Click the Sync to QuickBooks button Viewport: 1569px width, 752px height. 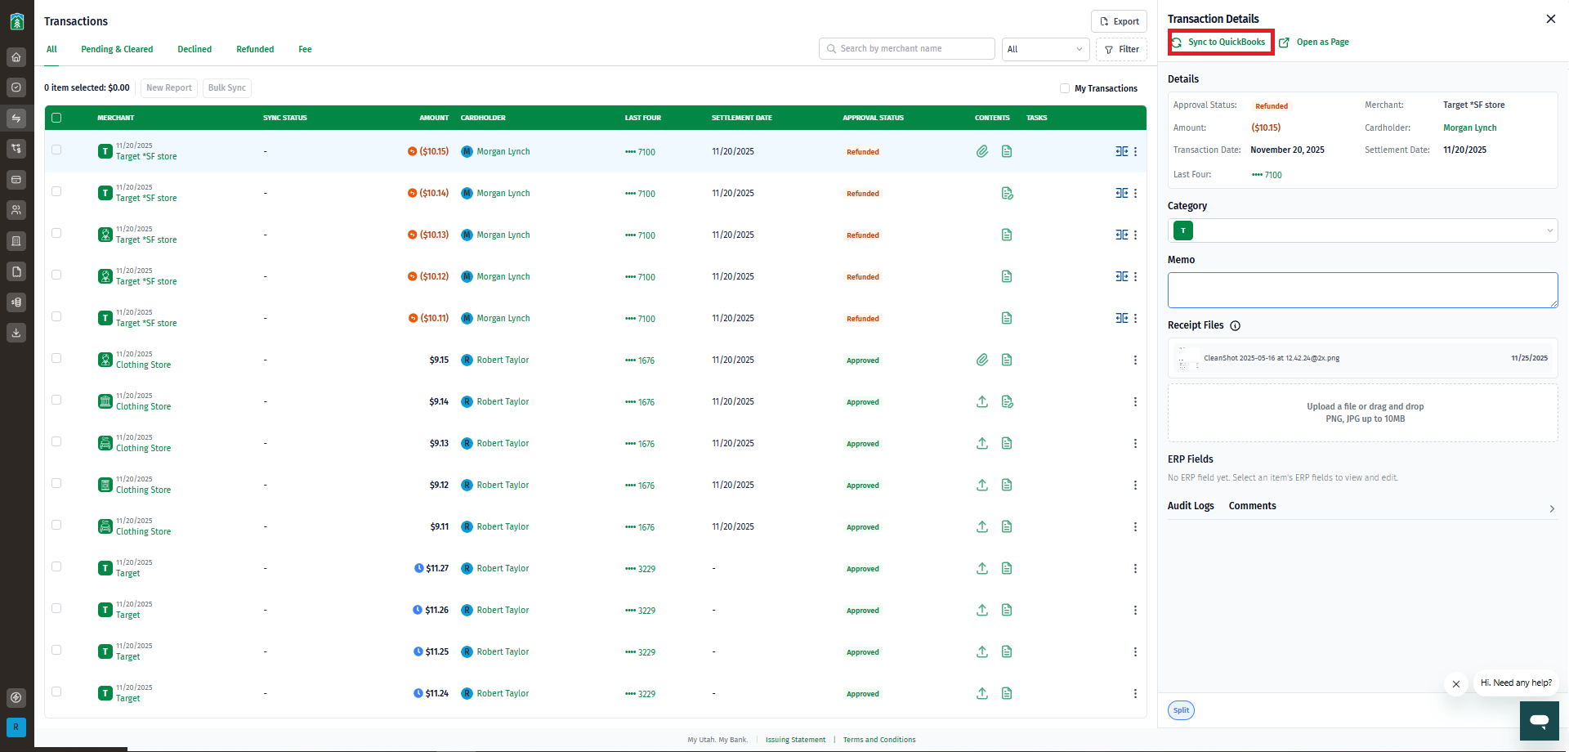[x=1221, y=43]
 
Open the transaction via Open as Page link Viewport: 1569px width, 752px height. [x=1314, y=43]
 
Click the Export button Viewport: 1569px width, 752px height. [x=1119, y=21]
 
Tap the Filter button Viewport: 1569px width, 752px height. [x=1121, y=49]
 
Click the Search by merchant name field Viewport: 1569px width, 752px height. [x=906, y=49]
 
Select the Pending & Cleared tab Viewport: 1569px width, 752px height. [x=117, y=49]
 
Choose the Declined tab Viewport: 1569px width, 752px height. [x=194, y=49]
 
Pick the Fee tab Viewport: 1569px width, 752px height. [x=305, y=49]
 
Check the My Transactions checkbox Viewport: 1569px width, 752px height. [x=1065, y=88]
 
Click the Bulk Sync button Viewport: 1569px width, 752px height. [x=226, y=88]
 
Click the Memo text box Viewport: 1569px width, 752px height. [x=1362, y=290]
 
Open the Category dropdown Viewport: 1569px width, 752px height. [x=1362, y=231]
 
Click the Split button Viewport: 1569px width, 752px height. [x=1181, y=710]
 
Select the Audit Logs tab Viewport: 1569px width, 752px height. [x=1191, y=506]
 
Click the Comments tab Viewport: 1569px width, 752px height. [x=1252, y=506]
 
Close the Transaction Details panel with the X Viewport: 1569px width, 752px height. [x=1550, y=19]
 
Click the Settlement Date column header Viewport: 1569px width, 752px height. [x=741, y=118]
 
